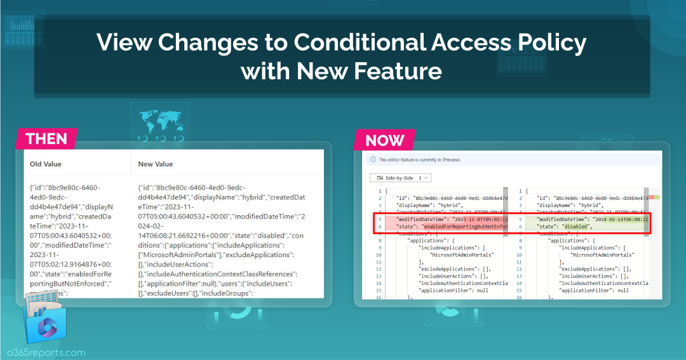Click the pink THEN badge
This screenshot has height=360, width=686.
(47, 138)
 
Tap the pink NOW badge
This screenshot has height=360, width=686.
(384, 139)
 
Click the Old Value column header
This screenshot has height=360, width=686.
(45, 164)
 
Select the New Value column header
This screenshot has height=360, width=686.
(156, 164)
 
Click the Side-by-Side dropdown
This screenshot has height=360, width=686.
(400, 178)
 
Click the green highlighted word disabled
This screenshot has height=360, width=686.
(576, 227)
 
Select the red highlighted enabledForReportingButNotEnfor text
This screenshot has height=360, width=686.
(464, 227)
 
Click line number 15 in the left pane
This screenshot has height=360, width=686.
(379, 290)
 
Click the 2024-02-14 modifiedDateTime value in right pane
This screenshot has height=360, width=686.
(620, 220)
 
